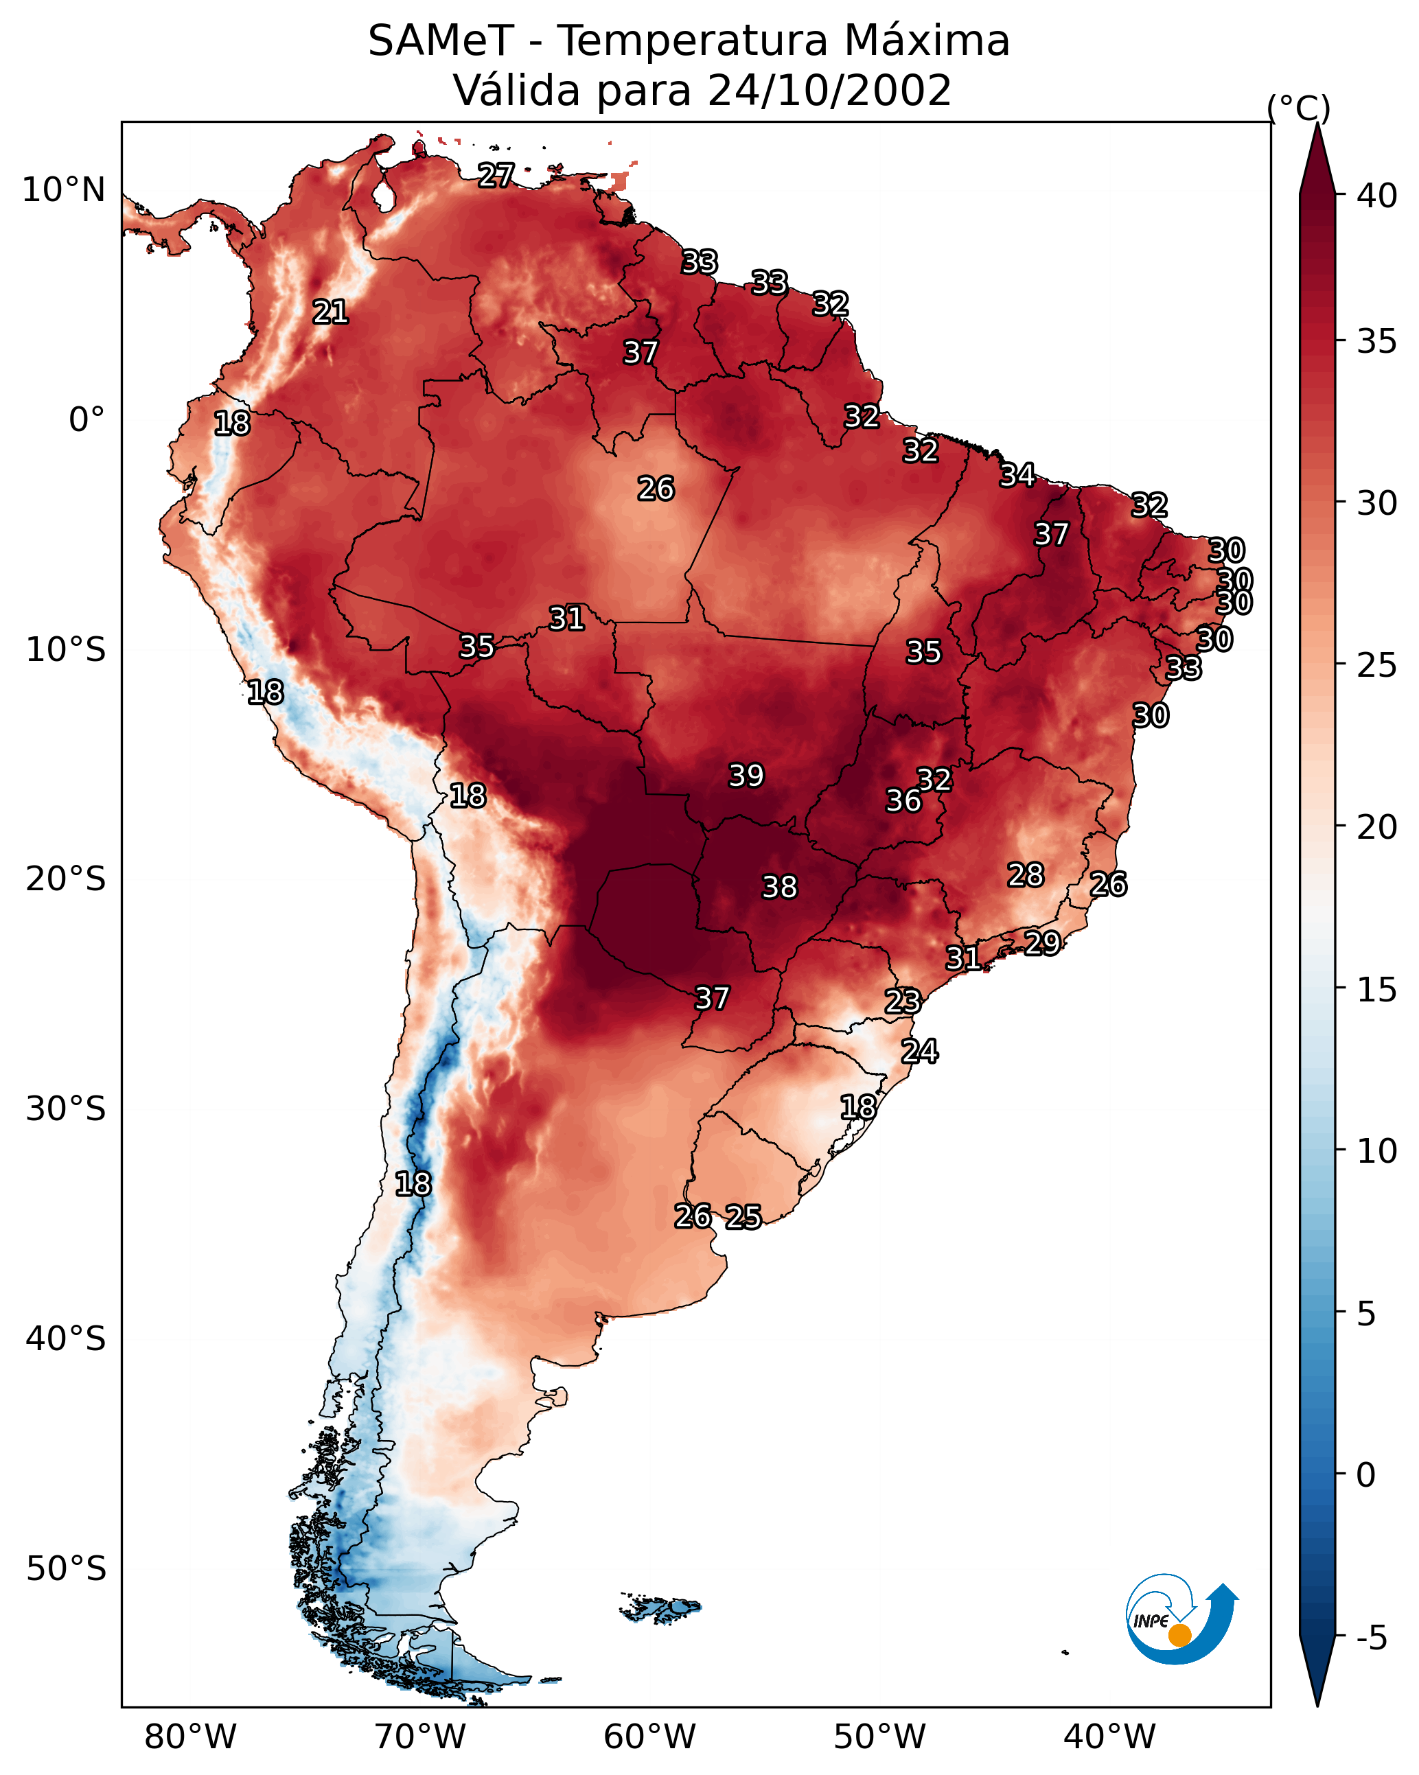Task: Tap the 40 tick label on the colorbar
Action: [1377, 196]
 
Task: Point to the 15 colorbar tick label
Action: [1377, 990]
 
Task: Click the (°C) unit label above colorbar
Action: [1298, 108]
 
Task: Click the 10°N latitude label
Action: [63, 190]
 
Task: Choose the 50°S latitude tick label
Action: [66, 1569]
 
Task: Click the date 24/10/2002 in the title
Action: [829, 90]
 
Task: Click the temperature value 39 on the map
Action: [746, 776]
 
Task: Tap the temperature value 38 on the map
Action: [779, 887]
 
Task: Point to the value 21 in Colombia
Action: [330, 312]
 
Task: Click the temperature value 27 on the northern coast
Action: [496, 175]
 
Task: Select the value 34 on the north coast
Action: [1017, 475]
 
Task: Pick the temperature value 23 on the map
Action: [902, 1001]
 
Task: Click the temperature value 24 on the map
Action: [919, 1052]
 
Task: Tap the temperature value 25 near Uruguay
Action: [743, 1217]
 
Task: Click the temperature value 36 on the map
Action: [903, 800]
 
